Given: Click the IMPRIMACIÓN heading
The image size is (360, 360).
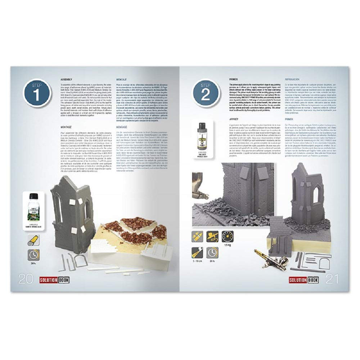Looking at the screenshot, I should [x=294, y=78].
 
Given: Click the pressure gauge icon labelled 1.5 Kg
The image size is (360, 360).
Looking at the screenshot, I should [x=228, y=236].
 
